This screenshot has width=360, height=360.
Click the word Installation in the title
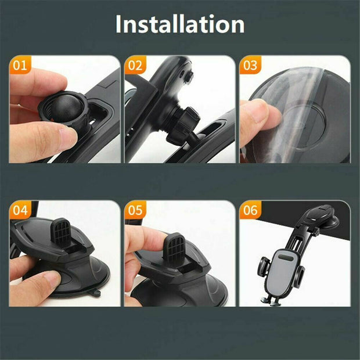point(179,25)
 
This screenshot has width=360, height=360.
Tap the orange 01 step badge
point(20,65)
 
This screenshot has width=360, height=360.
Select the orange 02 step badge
point(135,65)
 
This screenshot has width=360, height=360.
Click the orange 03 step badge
point(250,65)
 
